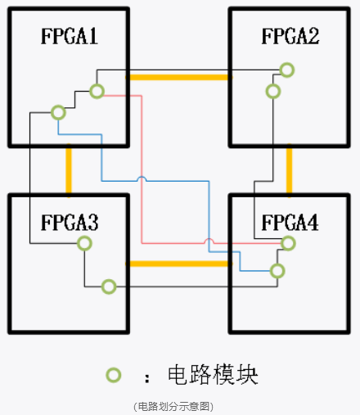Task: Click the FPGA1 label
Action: point(70,36)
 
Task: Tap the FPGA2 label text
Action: point(290,36)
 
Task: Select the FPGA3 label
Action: point(70,222)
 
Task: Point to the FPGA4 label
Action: point(290,222)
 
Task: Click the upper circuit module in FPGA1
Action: point(97,91)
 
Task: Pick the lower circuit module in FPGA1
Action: point(57,111)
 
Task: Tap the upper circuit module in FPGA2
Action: point(286,70)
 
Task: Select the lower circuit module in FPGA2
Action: point(273,91)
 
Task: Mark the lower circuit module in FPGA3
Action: point(108,286)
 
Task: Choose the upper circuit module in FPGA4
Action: point(287,243)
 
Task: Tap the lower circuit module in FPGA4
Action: point(277,270)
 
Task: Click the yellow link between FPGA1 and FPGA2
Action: point(179,77)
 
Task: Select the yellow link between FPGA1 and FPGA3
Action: point(69,170)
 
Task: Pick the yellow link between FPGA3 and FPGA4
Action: point(179,264)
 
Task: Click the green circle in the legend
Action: point(114,376)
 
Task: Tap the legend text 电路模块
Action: point(213,376)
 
